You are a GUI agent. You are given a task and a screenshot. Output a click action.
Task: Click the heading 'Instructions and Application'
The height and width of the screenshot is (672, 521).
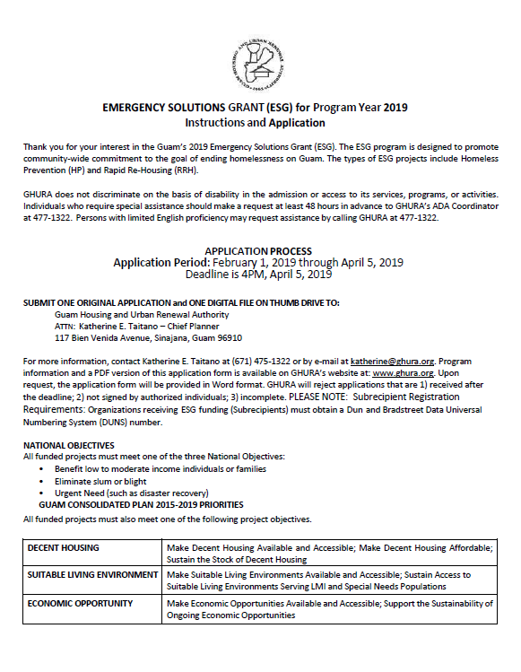[255, 123]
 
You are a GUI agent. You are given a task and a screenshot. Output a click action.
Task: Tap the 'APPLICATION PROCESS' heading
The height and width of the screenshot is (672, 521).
[258, 250]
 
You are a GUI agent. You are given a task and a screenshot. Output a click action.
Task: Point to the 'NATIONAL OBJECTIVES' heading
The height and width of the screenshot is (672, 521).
[69, 445]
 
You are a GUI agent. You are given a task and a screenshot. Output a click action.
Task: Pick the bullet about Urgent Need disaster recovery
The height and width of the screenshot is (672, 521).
[131, 493]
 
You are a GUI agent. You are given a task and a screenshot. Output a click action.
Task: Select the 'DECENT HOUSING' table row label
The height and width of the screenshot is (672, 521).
[64, 546]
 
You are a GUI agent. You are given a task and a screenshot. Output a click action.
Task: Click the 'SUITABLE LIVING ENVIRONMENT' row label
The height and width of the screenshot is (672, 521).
[91, 574]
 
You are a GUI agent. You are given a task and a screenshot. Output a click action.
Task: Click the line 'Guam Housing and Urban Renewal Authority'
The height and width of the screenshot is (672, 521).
[142, 315]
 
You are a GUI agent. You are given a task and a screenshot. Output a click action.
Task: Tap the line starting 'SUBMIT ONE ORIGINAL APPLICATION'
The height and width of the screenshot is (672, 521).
[181, 303]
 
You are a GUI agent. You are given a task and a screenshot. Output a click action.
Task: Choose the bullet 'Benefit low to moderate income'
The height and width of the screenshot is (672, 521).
[160, 469]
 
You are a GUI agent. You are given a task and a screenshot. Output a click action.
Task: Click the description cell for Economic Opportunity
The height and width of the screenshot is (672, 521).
[330, 609]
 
